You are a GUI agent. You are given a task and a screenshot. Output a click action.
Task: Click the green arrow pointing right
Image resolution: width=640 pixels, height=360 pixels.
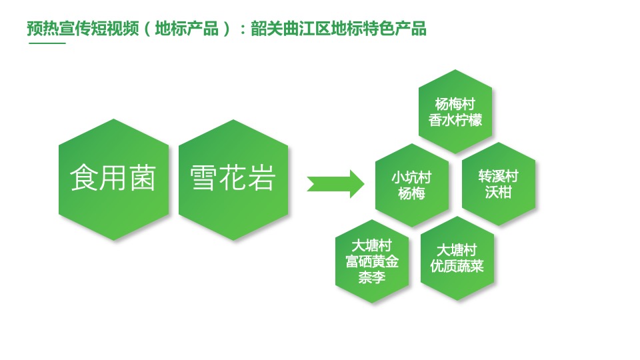point(335,182)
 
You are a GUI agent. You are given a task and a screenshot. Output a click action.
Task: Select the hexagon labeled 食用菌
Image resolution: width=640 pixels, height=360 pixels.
point(113,179)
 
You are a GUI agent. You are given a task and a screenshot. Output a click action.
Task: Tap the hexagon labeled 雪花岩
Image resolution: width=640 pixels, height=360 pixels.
point(233,179)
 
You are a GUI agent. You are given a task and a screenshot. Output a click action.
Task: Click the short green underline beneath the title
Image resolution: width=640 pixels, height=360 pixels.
point(47,43)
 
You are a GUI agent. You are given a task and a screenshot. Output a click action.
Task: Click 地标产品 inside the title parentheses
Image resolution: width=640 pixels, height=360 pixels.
point(187,29)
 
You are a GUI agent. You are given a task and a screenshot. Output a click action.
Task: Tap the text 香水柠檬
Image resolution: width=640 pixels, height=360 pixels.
point(455,121)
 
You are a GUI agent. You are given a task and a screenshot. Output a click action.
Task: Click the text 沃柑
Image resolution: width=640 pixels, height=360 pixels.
point(499,193)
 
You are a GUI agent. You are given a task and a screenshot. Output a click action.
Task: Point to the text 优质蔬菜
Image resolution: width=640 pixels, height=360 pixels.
point(457,266)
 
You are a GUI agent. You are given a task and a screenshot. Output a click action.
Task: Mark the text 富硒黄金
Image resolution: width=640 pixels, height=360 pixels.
point(371,261)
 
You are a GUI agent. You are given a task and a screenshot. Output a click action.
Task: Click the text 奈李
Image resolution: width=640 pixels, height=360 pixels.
point(371,277)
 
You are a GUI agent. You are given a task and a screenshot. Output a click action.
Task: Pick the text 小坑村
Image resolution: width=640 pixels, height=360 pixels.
point(411,177)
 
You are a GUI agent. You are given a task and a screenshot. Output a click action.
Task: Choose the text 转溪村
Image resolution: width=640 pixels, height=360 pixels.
point(499,177)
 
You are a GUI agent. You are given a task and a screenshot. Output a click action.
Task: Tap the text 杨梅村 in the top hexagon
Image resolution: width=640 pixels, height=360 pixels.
point(455,105)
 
